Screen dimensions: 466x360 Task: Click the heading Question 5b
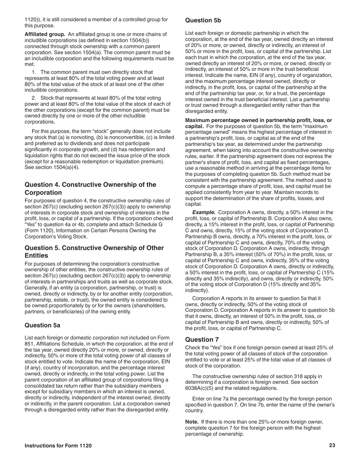(x=203, y=20)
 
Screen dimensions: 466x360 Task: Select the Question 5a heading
(x=42, y=325)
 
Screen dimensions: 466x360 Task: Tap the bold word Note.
(x=192, y=422)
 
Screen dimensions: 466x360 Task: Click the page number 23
(x=332, y=446)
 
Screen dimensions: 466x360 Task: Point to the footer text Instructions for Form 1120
(x=58, y=446)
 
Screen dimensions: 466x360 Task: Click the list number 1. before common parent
(x=34, y=72)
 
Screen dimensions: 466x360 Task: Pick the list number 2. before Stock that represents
(x=34, y=98)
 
